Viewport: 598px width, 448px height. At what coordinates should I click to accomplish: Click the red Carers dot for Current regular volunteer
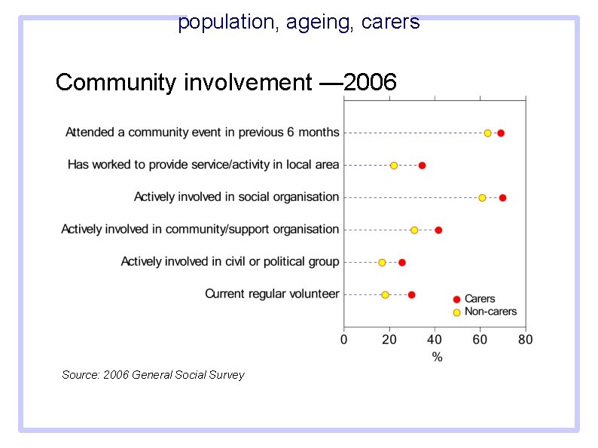click(x=411, y=295)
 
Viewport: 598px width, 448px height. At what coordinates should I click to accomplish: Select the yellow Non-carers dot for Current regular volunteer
click(x=385, y=295)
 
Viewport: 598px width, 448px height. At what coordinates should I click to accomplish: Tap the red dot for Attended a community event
click(x=501, y=133)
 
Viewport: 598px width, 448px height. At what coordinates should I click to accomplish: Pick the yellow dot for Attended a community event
click(x=487, y=133)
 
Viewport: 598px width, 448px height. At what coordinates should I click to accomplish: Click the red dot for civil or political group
click(x=402, y=263)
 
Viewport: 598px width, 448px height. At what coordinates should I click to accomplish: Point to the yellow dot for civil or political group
click(x=382, y=263)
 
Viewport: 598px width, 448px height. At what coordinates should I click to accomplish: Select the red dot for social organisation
click(x=502, y=198)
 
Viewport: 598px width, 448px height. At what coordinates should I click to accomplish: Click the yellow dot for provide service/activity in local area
click(x=394, y=166)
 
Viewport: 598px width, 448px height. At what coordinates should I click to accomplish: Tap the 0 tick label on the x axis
click(x=344, y=340)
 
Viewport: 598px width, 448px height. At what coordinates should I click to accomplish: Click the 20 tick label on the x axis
click(x=389, y=340)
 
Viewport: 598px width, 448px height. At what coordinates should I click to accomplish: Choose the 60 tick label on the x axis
click(x=480, y=340)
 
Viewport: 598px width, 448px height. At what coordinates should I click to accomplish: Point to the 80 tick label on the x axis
click(x=525, y=340)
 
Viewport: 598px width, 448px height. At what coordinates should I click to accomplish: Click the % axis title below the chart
click(x=437, y=357)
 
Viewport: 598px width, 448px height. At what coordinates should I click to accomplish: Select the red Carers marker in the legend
click(x=456, y=300)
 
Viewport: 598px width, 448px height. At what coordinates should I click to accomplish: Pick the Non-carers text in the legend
click(x=490, y=312)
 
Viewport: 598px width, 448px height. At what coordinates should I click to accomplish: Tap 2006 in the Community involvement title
click(x=370, y=82)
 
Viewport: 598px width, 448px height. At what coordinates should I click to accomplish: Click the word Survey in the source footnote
click(x=226, y=375)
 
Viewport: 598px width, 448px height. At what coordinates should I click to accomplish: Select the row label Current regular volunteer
click(x=272, y=294)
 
